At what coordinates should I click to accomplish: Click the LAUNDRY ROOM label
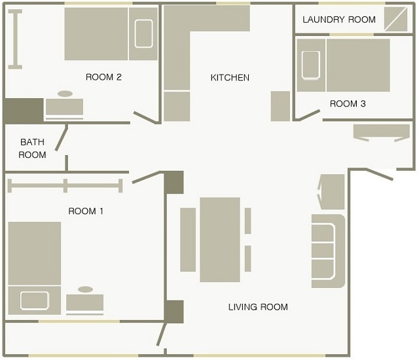tap(339, 20)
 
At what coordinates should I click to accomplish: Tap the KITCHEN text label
tap(230, 77)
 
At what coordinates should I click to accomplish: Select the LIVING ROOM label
tap(258, 307)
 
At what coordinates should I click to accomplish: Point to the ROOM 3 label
tap(348, 103)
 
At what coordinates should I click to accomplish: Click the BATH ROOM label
tap(32, 148)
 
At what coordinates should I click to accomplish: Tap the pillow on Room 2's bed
tap(143, 33)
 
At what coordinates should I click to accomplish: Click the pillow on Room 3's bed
tap(311, 65)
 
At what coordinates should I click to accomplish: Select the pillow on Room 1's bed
tap(35, 300)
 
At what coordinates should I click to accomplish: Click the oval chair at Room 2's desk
tap(65, 94)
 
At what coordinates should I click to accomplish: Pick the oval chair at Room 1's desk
tap(86, 289)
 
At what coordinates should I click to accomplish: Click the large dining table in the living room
tap(220, 240)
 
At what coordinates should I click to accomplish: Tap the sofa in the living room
tap(329, 251)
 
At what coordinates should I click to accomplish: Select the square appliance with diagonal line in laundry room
tap(395, 19)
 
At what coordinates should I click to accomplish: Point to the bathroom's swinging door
tap(61, 137)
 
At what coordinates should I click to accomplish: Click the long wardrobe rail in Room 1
tap(65, 186)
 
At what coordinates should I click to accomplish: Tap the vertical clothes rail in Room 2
tap(15, 39)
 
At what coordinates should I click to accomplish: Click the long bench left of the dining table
tap(188, 240)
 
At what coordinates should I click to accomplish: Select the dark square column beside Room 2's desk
tap(24, 111)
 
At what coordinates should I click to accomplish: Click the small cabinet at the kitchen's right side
tap(280, 106)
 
